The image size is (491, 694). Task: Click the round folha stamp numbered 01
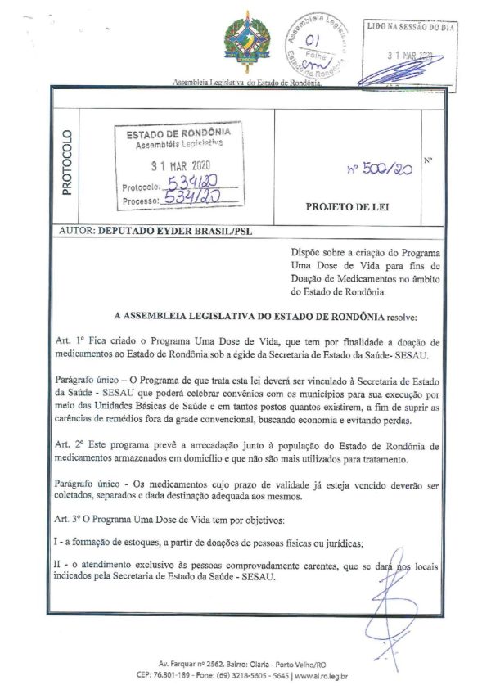click(314, 42)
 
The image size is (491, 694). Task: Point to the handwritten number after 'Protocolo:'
click(190, 184)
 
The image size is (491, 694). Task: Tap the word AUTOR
click(77, 232)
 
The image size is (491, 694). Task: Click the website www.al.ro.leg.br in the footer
click(320, 675)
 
